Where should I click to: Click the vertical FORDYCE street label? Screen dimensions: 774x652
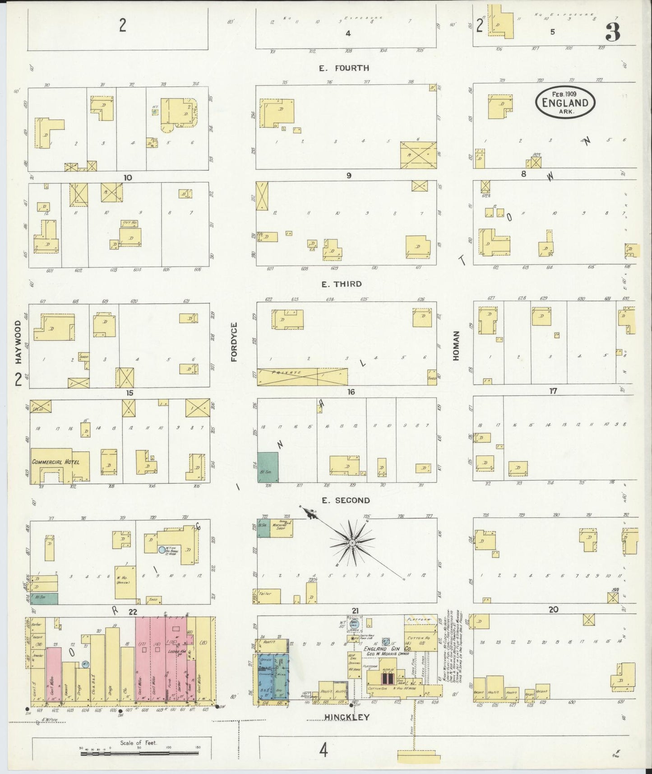[234, 342]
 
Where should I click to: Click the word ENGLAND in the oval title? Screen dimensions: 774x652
[565, 103]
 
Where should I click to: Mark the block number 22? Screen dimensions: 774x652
[133, 611]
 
